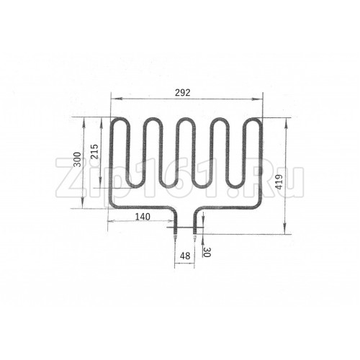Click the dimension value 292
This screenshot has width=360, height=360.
182,92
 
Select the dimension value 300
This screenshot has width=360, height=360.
77,159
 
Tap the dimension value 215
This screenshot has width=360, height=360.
95,151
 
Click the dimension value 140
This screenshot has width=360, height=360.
143,217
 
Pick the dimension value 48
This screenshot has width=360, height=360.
185,256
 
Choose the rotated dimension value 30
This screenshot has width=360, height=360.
207,252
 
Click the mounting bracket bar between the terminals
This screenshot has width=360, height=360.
185,228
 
